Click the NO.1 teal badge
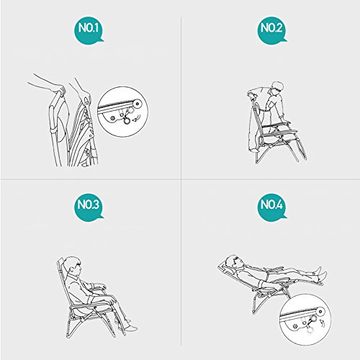tap(89, 30)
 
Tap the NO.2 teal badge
tap(272, 30)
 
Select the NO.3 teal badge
tap(89, 207)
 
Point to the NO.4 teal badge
tap(272, 207)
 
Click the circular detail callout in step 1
tap(122, 112)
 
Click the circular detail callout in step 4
tap(305, 320)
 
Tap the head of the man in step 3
tap(73, 266)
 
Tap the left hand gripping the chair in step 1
tap(60, 91)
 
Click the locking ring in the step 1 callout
tap(126, 121)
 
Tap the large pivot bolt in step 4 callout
tap(320, 312)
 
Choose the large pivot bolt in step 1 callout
tap(138, 104)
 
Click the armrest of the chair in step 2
tap(276, 125)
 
